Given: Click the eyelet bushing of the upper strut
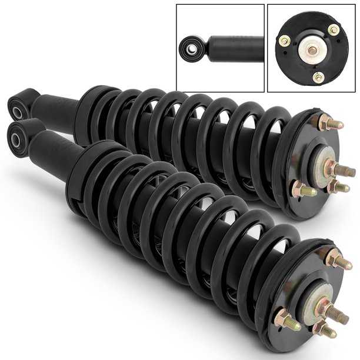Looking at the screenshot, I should (17, 106).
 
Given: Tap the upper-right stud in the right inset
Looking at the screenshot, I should (334, 30).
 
